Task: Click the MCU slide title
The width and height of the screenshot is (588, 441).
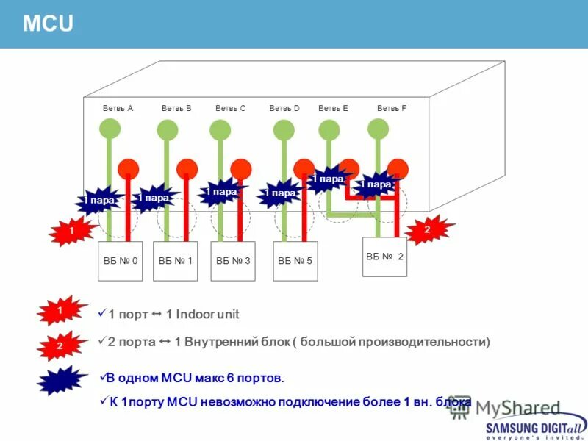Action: (49, 24)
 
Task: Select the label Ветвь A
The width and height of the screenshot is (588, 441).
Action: (118, 108)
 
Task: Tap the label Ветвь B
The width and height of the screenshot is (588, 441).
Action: (176, 108)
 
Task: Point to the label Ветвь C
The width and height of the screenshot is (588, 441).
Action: (230, 108)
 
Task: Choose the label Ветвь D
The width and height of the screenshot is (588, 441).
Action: (284, 108)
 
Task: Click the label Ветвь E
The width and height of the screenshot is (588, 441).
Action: (333, 108)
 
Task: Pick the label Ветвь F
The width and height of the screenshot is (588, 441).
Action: (392, 108)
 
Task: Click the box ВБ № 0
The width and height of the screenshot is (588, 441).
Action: (120, 261)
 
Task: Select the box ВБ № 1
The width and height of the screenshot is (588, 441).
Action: (175, 261)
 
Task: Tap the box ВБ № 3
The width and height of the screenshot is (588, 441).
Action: (233, 261)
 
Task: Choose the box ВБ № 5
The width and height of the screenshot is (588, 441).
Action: (295, 261)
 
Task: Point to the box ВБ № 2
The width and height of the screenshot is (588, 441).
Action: (384, 257)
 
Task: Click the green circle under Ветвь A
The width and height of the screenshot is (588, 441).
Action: (109, 130)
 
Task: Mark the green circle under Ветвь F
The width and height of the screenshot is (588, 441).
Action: (378, 129)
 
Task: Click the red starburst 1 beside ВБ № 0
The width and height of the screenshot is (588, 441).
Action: (71, 232)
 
